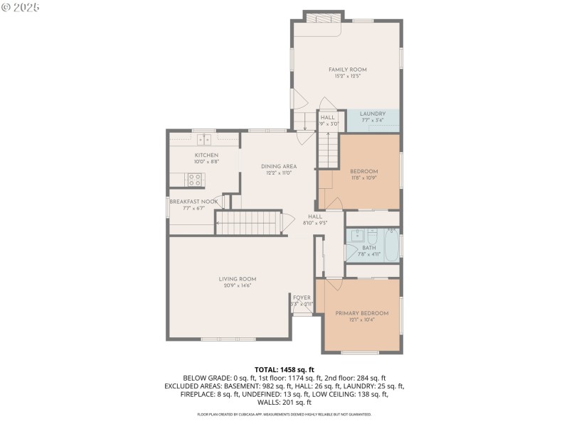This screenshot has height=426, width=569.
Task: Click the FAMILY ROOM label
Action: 347,70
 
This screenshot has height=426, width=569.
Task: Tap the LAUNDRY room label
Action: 373,114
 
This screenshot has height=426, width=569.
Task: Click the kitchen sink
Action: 206,139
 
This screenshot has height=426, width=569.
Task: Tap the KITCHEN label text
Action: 206,155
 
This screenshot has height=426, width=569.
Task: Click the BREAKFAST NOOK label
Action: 193,202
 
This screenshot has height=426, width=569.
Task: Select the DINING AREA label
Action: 279,166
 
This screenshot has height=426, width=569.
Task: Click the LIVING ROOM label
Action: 238,279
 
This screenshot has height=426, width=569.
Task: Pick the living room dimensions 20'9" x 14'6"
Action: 238,285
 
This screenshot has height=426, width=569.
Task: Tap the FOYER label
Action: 302,297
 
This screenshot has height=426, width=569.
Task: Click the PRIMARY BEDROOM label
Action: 362,313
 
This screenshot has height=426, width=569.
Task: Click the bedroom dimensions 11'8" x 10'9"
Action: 363,177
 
